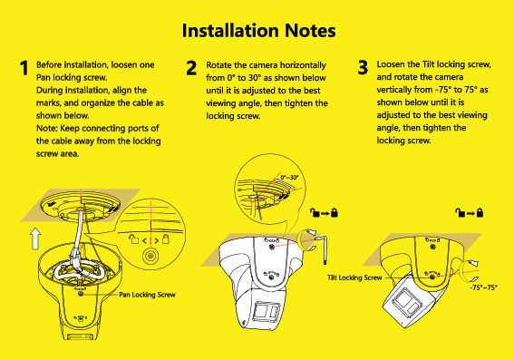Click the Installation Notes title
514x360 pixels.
[x=258, y=31]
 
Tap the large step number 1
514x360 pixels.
[x=24, y=68]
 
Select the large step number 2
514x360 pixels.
[x=191, y=68]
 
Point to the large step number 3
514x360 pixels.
[x=363, y=67]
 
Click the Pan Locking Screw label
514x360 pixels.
[x=147, y=295]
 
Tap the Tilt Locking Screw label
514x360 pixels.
[x=354, y=277]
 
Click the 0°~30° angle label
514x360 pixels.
[x=289, y=178]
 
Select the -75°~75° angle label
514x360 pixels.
[x=483, y=287]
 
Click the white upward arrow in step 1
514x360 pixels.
[x=35, y=238]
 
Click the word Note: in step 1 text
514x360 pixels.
[x=47, y=128]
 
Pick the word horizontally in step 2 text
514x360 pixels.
[x=303, y=65]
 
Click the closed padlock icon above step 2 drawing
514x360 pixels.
[x=334, y=213]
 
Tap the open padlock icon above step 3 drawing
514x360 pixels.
[x=460, y=213]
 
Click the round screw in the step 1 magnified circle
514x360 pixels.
[x=150, y=255]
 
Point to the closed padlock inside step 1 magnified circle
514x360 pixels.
[x=166, y=239]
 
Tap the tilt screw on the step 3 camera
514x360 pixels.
[x=432, y=277]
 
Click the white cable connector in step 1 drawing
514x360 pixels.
[x=74, y=255]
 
